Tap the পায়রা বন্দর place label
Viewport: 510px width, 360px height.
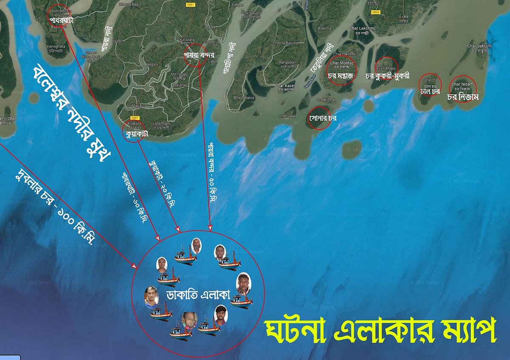click(x=198, y=55)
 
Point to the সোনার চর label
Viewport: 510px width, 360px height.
click(x=323, y=118)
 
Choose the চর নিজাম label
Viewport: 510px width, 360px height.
click(x=463, y=97)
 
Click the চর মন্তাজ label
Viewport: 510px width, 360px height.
click(x=341, y=76)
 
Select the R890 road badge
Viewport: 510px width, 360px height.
click(x=375, y=13)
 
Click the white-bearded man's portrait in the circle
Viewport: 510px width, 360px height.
click(x=196, y=245)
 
